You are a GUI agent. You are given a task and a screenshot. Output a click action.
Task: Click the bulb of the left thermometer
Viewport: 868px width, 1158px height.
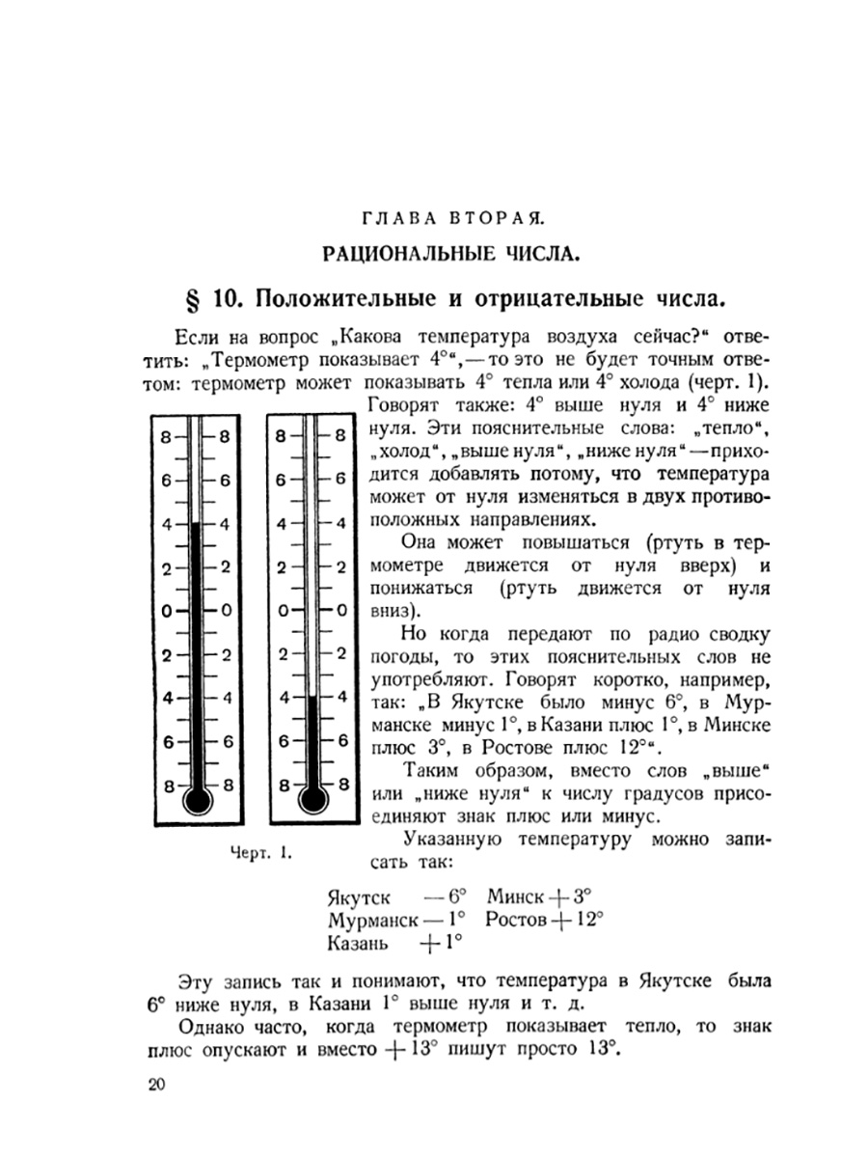point(198,799)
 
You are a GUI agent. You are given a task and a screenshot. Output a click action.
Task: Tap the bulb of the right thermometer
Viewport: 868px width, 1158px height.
point(310,799)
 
